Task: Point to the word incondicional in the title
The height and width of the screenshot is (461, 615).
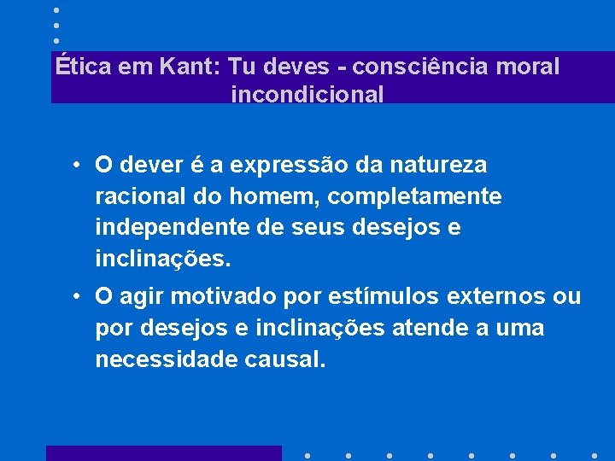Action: click(307, 94)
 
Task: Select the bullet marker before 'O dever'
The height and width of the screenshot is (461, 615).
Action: click(77, 165)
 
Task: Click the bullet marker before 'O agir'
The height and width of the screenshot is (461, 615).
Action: click(77, 297)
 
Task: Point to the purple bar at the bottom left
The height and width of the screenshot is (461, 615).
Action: click(163, 453)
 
